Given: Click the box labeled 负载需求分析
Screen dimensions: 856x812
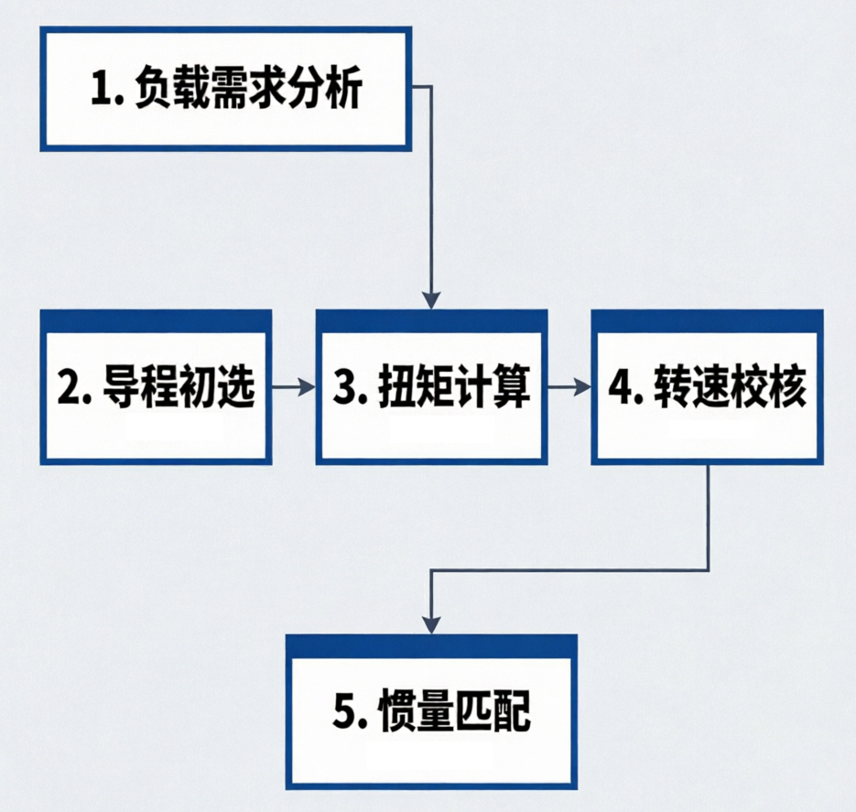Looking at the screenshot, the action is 225,89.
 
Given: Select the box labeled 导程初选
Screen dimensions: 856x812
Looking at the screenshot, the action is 157,387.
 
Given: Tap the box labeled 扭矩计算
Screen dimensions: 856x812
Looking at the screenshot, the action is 432,387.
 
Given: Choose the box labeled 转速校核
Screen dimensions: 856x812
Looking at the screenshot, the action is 708,387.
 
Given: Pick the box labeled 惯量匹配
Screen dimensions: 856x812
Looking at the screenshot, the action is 431,712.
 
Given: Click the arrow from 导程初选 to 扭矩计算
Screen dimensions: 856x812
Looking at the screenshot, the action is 294,387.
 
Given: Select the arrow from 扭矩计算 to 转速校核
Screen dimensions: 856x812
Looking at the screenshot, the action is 569,387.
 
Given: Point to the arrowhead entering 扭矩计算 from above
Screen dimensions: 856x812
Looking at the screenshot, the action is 432,300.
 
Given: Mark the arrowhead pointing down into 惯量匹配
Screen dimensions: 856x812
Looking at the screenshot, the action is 432,625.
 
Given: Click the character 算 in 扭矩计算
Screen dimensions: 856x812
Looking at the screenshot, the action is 512,387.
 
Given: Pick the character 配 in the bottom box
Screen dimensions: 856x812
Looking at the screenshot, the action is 512,711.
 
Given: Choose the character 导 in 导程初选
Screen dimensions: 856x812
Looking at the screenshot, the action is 121,387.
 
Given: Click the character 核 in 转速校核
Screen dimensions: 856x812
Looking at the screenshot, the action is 787,387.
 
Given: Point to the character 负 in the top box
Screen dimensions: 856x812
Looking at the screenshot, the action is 154,89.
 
